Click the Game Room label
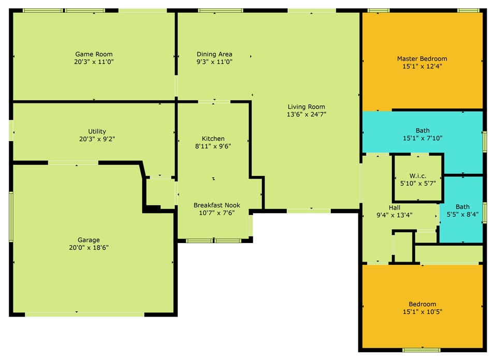[94, 54]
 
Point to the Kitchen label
[213, 139]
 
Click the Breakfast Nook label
[217, 205]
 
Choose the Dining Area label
[214, 54]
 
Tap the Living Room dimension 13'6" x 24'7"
[306, 114]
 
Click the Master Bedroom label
[422, 59]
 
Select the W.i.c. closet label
[418, 176]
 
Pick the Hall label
[394, 208]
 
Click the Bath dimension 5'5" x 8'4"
[463, 214]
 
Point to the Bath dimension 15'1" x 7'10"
[422, 138]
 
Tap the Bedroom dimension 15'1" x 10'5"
[422, 312]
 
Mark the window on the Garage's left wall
[11, 217]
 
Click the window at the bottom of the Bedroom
[421, 350]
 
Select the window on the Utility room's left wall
[11, 130]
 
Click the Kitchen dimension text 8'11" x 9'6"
[213, 146]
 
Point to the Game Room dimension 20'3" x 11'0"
[94, 62]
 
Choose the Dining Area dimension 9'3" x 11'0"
[214, 62]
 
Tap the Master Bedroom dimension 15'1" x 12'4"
[422, 67]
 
